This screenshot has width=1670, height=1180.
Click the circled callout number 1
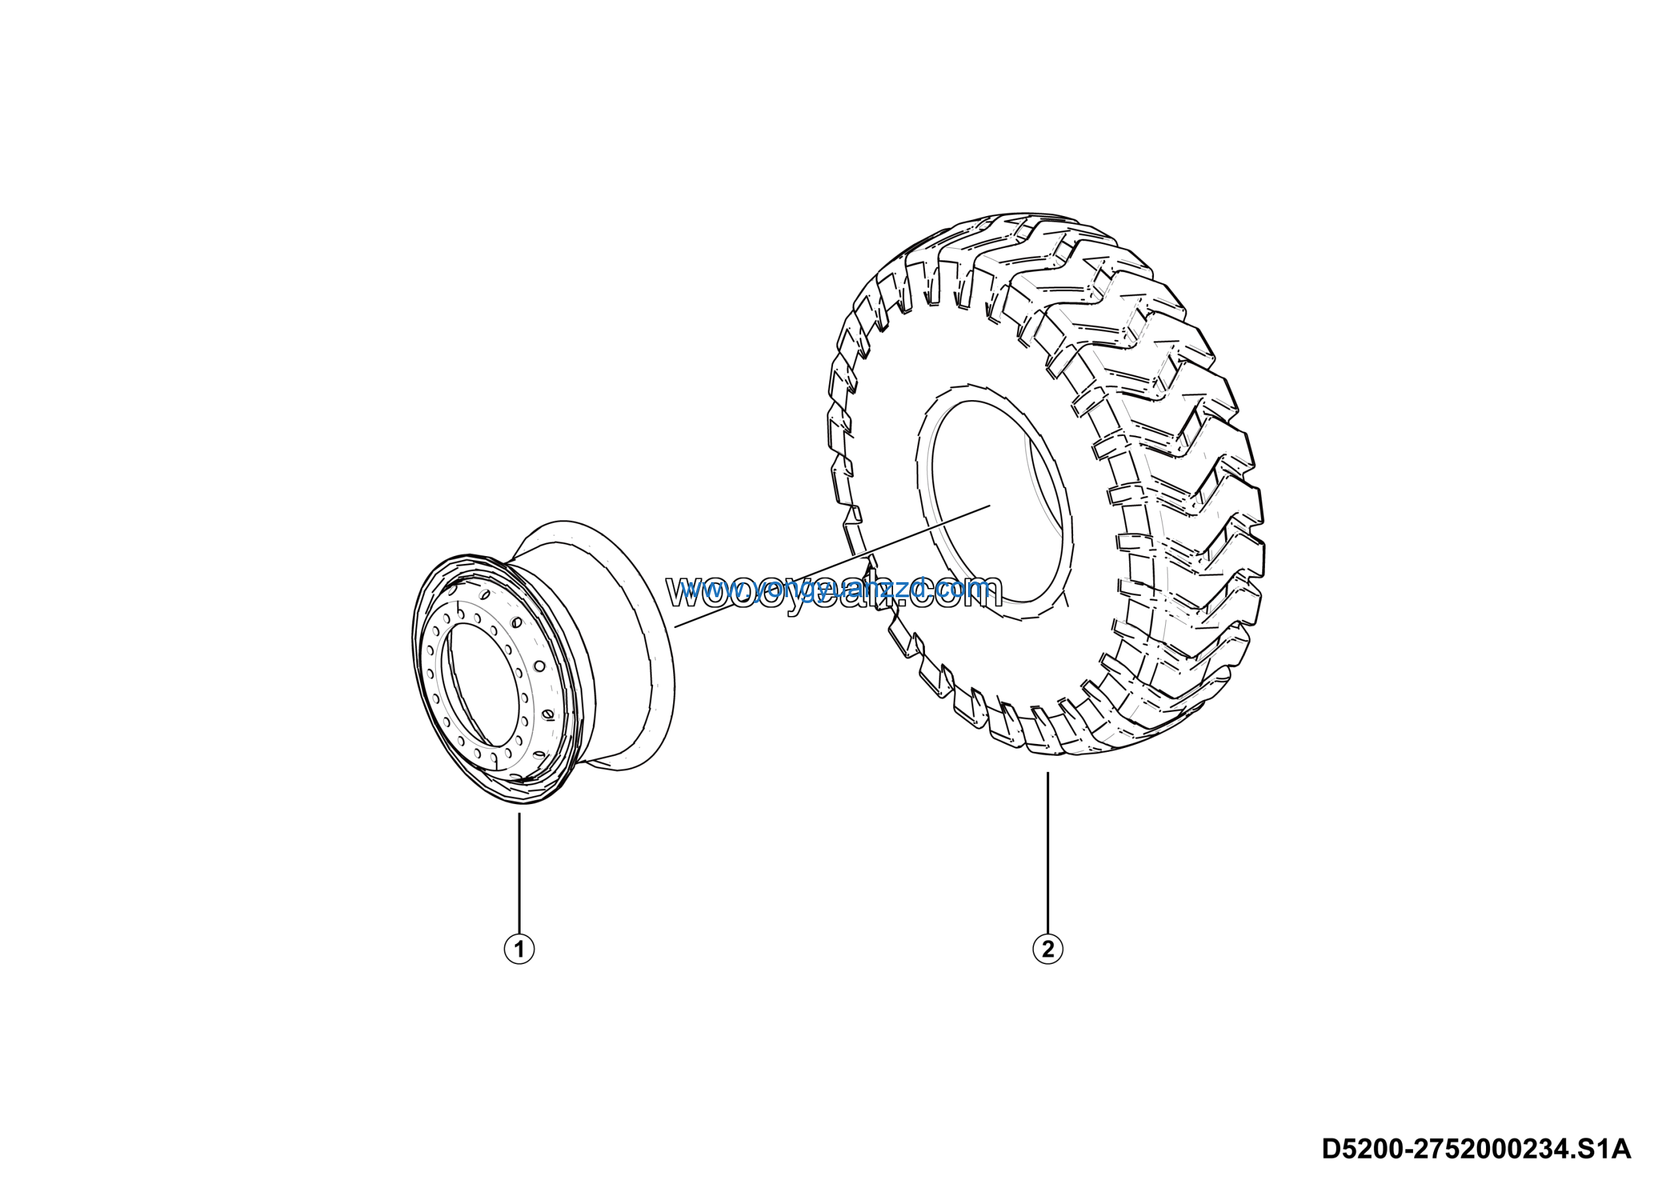[519, 949]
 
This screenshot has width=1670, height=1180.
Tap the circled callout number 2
[1048, 949]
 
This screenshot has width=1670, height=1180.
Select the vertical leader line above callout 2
[1048, 851]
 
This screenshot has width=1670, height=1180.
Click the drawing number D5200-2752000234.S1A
[1476, 1149]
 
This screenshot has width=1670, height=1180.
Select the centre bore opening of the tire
[997, 502]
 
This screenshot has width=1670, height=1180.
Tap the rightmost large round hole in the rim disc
[539, 666]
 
